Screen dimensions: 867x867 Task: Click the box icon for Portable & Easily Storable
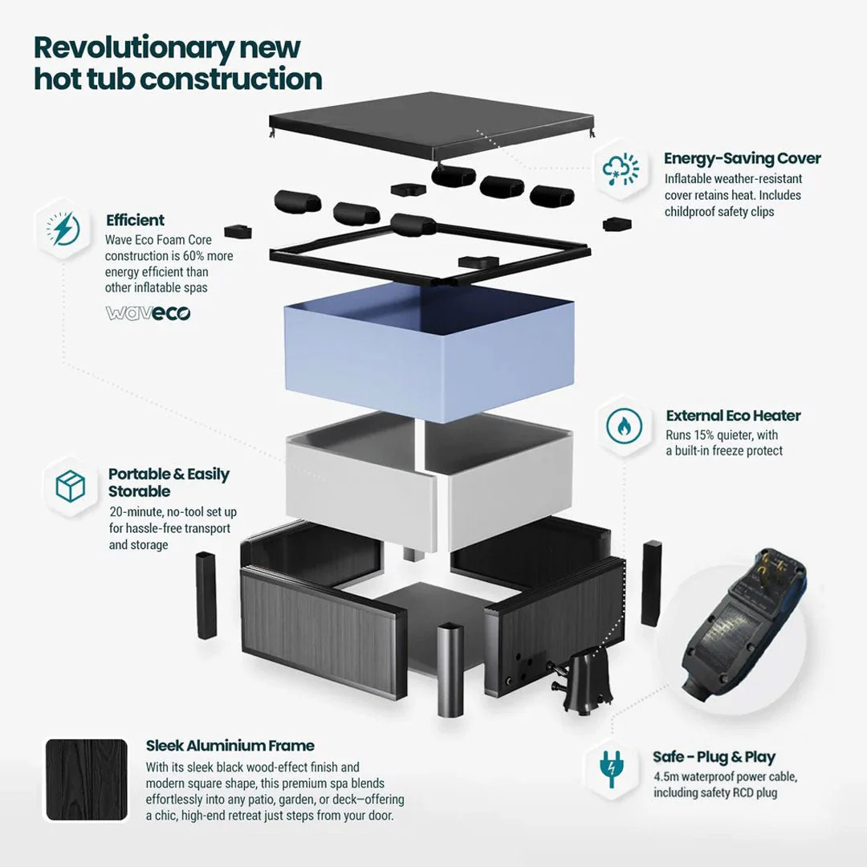[71, 486]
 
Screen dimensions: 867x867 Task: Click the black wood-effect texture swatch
[87, 779]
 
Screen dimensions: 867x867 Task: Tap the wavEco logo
[149, 313]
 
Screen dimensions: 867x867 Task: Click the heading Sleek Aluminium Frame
[230, 746]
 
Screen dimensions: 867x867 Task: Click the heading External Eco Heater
[733, 416]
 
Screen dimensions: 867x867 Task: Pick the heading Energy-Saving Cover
[742, 158]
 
